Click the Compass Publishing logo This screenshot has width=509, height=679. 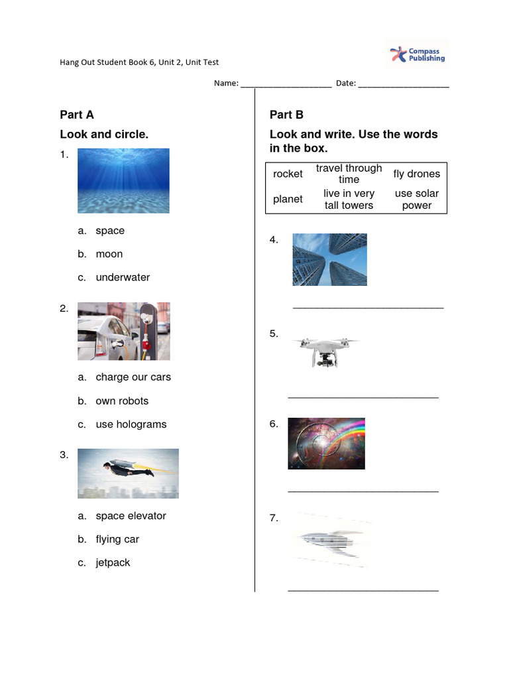pyautogui.click(x=417, y=54)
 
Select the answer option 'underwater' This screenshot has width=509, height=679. pyautogui.click(x=123, y=277)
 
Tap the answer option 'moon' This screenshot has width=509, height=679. pyautogui.click(x=109, y=254)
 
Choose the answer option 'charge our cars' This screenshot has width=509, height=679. pyautogui.click(x=133, y=377)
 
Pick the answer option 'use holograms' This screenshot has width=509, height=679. pyautogui.click(x=131, y=424)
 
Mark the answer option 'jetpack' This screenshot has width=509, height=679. pyautogui.click(x=113, y=562)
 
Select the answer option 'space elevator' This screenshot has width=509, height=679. pyautogui.click(x=131, y=516)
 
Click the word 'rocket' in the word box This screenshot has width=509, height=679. pyautogui.click(x=288, y=174)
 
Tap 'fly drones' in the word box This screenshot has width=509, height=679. pyautogui.click(x=416, y=174)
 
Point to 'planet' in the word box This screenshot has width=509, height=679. pyautogui.click(x=288, y=199)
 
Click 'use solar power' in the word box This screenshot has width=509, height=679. pyautogui.click(x=416, y=199)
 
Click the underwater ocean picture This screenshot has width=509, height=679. pyautogui.click(x=123, y=180)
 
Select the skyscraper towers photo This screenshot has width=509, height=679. pyautogui.click(x=329, y=259)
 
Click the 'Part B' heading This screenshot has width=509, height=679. pyautogui.click(x=286, y=115)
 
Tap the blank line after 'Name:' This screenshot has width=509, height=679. pyautogui.click(x=286, y=84)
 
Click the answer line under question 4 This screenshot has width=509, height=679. pyautogui.click(x=368, y=307)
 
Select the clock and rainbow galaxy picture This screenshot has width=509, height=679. pyautogui.click(x=326, y=444)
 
